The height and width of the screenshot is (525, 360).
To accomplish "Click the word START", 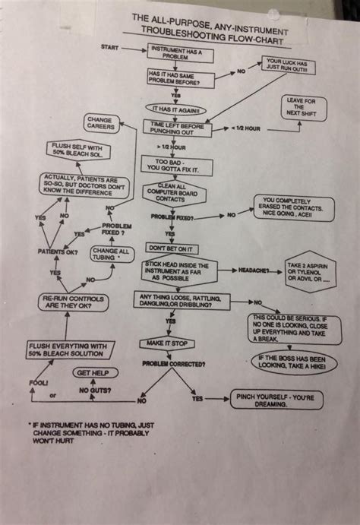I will click(110, 47).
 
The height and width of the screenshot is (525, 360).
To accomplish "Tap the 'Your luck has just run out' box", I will click(286, 65).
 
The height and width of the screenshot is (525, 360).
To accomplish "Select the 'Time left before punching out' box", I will click(178, 128).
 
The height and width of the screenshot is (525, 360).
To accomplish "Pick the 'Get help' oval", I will click(96, 373).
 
